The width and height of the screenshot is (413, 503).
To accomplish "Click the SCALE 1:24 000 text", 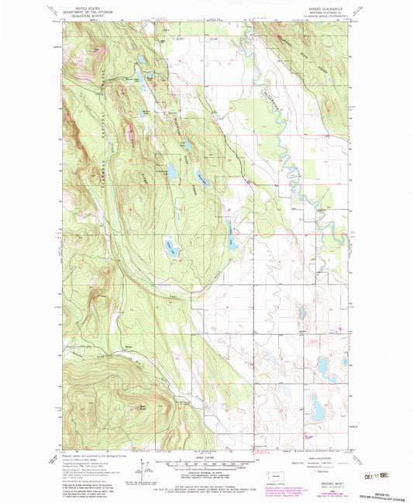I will [x=205, y=456].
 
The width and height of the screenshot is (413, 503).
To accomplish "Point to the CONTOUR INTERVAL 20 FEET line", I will [x=205, y=474].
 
